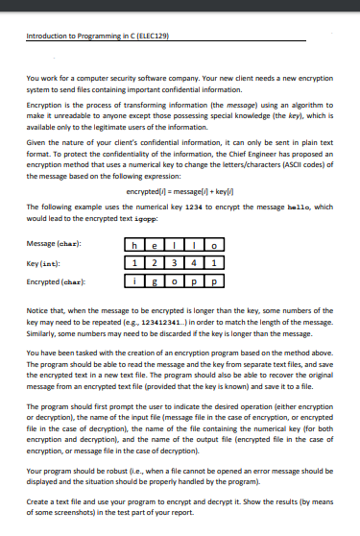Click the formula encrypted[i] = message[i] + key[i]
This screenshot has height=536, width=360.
pos(180,194)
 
